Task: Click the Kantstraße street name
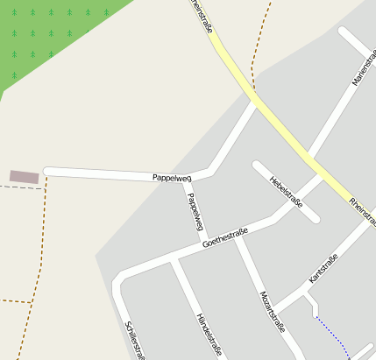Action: pos(323,268)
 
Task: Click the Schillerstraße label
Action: pos(135,340)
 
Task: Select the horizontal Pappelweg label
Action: pos(172,177)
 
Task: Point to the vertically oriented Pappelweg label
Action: pos(195,211)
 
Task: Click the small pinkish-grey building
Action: pos(25,177)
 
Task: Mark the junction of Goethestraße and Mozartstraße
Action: pos(236,236)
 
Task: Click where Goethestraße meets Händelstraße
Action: pos(174,259)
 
